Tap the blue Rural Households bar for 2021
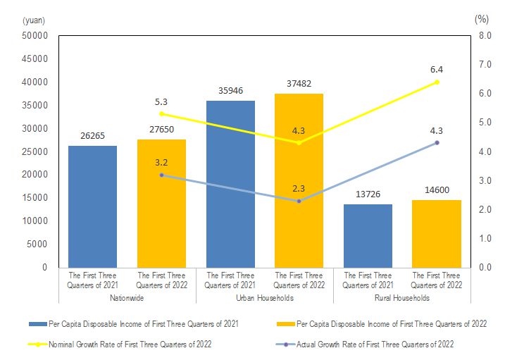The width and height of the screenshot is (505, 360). tap(368, 235)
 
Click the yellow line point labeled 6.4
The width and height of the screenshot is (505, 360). tap(437, 82)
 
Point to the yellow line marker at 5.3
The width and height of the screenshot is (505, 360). tap(161, 113)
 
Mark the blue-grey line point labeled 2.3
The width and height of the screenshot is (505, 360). tap(299, 201)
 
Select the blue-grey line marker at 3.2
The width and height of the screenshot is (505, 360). tap(161, 175)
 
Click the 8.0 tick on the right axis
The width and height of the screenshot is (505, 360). tap(485, 36)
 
